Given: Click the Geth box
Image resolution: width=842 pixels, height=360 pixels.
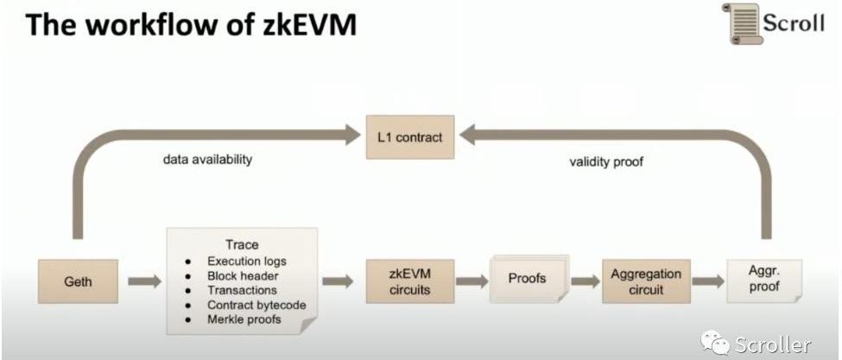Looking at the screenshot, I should pyautogui.click(x=78, y=281).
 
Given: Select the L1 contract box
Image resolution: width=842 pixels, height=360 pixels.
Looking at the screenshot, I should pyautogui.click(x=409, y=136).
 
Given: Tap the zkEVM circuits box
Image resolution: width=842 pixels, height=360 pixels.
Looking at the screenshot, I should pyautogui.click(x=409, y=281).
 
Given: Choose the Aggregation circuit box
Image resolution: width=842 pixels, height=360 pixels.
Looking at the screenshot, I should pyautogui.click(x=646, y=281).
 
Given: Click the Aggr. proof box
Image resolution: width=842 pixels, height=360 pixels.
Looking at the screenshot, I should pyautogui.click(x=764, y=281).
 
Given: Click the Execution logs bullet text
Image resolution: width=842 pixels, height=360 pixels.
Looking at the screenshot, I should pyautogui.click(x=247, y=261).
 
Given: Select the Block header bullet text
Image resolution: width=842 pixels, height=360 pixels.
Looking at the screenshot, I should pyautogui.click(x=242, y=275).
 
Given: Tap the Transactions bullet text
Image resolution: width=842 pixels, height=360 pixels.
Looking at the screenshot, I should pyautogui.click(x=242, y=290).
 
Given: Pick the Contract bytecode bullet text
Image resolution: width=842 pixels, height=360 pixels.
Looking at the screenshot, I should pyautogui.click(x=256, y=305).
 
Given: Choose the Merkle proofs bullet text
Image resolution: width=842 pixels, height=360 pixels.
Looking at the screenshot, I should pyautogui.click(x=244, y=319).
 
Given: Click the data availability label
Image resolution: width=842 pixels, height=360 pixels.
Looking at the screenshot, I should pyautogui.click(x=207, y=160).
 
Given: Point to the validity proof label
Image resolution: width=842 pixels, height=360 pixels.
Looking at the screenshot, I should pyautogui.click(x=607, y=161).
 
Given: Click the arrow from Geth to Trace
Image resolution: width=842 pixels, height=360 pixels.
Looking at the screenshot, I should pyautogui.click(x=144, y=281).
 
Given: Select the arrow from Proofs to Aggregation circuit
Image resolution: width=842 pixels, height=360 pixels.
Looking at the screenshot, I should pyautogui.click(x=585, y=281).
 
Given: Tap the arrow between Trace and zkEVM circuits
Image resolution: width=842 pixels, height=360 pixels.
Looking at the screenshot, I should pyautogui.click(x=338, y=281).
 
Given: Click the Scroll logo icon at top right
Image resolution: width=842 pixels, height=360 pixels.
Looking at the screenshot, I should pyautogui.click(x=740, y=22).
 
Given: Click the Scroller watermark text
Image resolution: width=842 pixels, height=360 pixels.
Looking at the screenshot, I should pyautogui.click(x=772, y=344).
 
